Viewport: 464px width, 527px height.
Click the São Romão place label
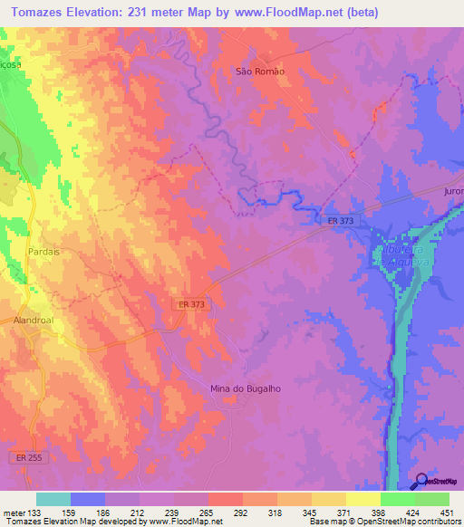point(255,72)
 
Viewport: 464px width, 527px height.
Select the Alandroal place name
point(34,319)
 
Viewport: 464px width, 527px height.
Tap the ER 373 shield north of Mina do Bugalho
point(191,305)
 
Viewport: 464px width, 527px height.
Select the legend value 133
point(36,513)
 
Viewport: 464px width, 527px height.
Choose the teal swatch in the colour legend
point(53,499)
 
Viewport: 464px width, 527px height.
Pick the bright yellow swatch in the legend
point(362,499)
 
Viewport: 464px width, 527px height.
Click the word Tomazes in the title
point(36,13)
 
